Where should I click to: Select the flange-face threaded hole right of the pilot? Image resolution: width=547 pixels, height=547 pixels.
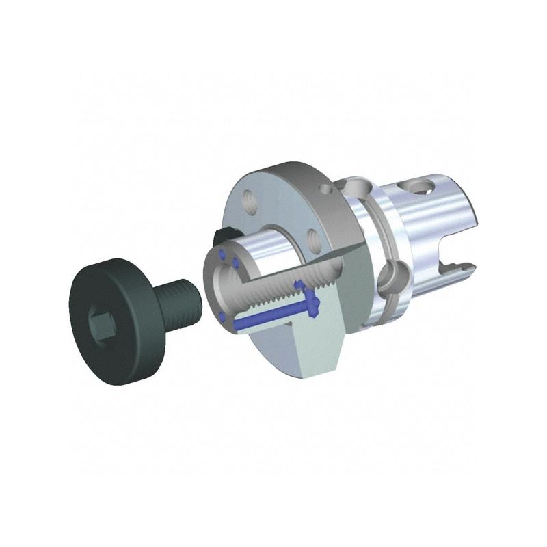tap(315, 240)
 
